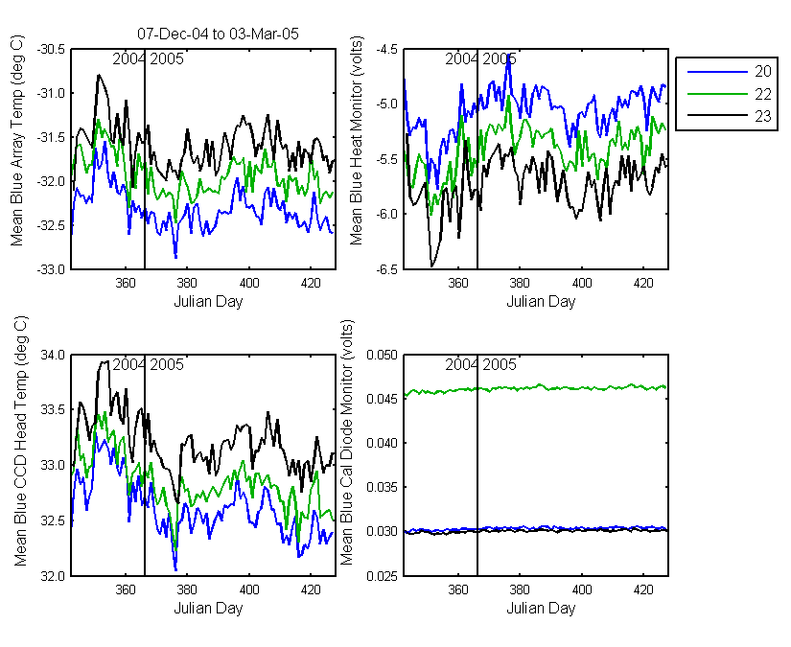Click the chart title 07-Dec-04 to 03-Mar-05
point(218,34)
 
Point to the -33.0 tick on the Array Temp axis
point(51,269)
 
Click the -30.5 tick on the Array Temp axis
point(51,50)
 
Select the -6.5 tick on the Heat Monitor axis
point(387,269)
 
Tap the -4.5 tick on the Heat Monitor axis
point(387,50)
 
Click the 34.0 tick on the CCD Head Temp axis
point(53,355)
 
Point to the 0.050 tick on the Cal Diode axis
point(382,355)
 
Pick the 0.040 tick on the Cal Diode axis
point(382,443)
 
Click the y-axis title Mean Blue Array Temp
point(17,140)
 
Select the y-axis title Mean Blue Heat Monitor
point(356,140)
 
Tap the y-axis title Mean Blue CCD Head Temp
point(20,441)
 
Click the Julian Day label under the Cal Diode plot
point(541,608)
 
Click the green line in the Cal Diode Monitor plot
point(535,388)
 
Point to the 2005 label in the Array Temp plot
point(167,59)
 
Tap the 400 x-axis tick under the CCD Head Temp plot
point(249,589)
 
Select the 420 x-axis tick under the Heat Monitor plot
point(643,283)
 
